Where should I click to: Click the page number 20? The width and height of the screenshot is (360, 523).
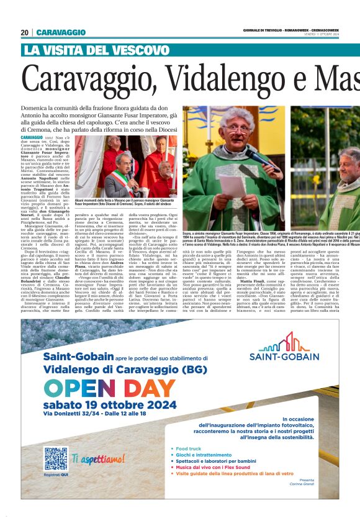25,32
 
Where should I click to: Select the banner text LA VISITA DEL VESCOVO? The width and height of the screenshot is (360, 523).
96,50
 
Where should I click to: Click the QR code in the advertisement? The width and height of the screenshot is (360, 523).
55,458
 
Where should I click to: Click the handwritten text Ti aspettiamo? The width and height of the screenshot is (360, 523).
98,459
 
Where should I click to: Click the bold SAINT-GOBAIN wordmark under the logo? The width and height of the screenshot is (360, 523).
284,357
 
